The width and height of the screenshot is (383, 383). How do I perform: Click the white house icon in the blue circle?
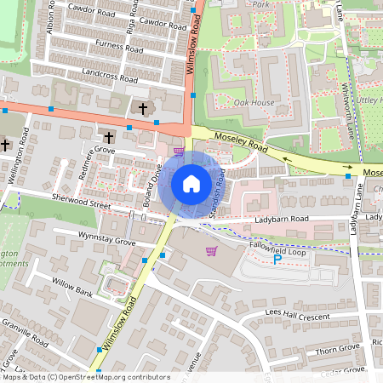191,183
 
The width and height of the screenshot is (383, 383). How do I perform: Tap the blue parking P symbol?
277,260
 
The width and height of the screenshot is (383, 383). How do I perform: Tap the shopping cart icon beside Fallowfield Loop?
211,250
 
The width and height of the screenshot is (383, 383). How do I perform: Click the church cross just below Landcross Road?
142,108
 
